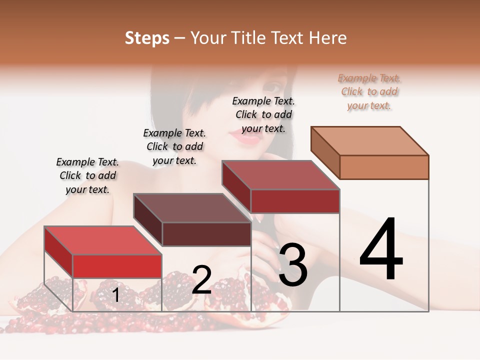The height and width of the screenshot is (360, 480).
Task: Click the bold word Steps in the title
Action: pos(147,38)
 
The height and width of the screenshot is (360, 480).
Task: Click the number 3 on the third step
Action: pos(293,264)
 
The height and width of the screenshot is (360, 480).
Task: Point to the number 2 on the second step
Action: pos(201,280)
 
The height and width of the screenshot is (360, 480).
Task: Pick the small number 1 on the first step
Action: pos(115,295)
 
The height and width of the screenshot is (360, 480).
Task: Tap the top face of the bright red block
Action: pos(103,240)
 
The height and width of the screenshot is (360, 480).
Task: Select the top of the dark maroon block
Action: pos(192,207)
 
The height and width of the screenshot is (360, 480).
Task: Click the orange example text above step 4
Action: pos(369,92)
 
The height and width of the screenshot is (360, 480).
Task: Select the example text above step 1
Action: pos(87,175)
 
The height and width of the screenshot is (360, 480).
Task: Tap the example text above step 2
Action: pos(174,146)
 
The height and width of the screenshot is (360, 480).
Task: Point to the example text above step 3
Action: pos(263,114)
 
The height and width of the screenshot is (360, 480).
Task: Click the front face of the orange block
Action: pos(384,167)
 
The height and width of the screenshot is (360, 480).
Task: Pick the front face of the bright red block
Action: pos(117,266)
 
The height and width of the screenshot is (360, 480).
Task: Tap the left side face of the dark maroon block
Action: pos(148,218)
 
